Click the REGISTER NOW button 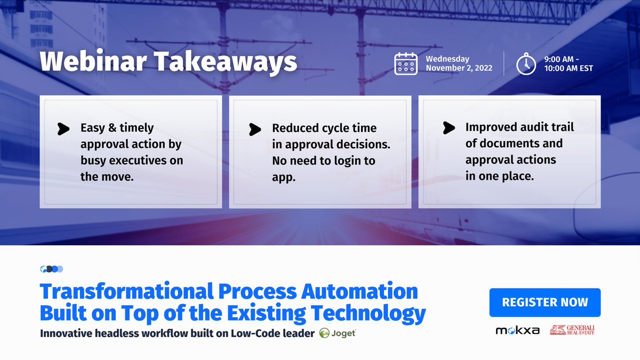pos(545,302)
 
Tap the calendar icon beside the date pos(406,63)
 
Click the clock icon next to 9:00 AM pos(526,63)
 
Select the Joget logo pos(338,333)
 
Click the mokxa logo pos(517,331)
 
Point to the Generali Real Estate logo pos(572,330)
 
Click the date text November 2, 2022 pos(459,68)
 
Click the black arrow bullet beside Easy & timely pos(64,129)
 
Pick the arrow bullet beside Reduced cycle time pos(255,129)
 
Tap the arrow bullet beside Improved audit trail pos(449,128)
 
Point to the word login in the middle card pos(347,161)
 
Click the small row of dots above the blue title pos(52,269)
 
